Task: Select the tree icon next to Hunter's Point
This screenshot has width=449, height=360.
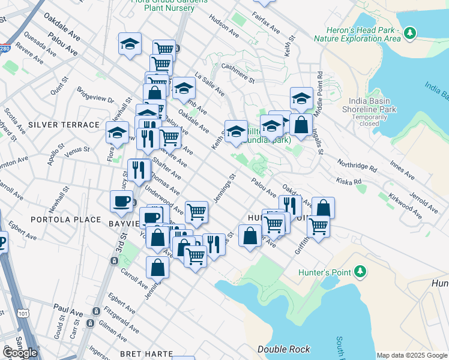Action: (360, 272)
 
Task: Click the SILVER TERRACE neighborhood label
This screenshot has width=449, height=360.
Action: (63, 125)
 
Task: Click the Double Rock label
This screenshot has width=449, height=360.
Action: (283, 349)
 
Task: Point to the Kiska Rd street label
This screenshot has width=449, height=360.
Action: (349, 181)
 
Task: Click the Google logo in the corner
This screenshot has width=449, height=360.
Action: (20, 353)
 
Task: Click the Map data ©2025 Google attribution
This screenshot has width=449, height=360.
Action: (412, 355)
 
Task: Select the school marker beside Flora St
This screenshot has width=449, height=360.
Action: (118, 132)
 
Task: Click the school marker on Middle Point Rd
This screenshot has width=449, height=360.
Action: (301, 98)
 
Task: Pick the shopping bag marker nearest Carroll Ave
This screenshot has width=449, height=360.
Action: (157, 268)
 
